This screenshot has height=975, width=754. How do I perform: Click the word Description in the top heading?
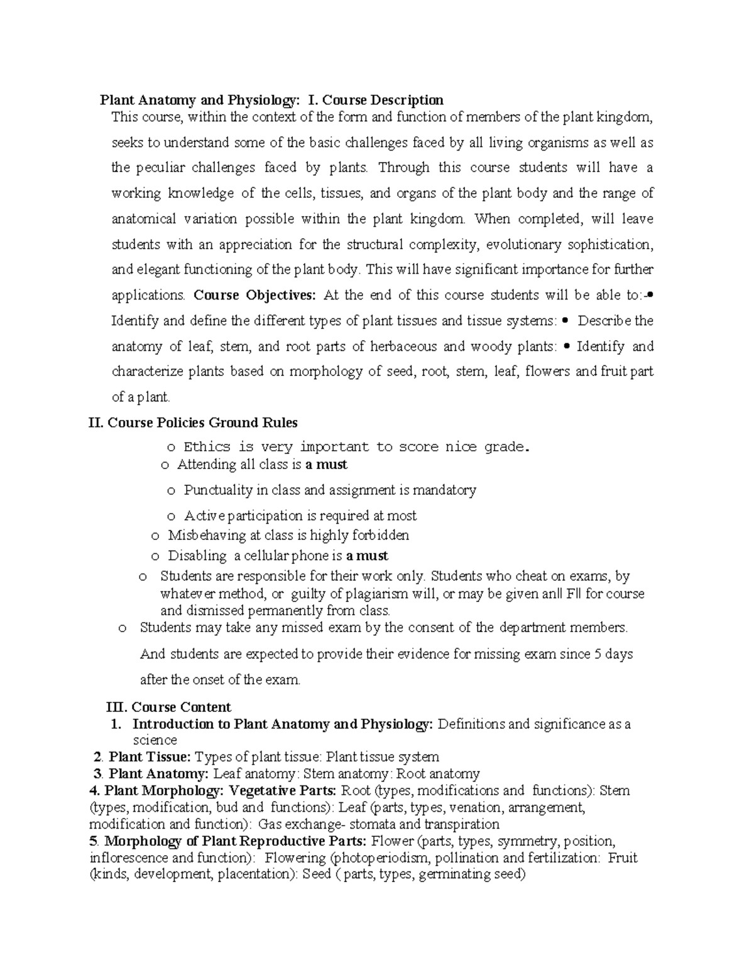click(407, 100)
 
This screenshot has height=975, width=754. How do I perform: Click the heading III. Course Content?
click(170, 707)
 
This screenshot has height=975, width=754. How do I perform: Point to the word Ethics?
click(207, 447)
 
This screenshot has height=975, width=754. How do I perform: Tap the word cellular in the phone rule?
click(271, 556)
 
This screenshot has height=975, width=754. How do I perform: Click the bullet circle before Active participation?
click(171, 517)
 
